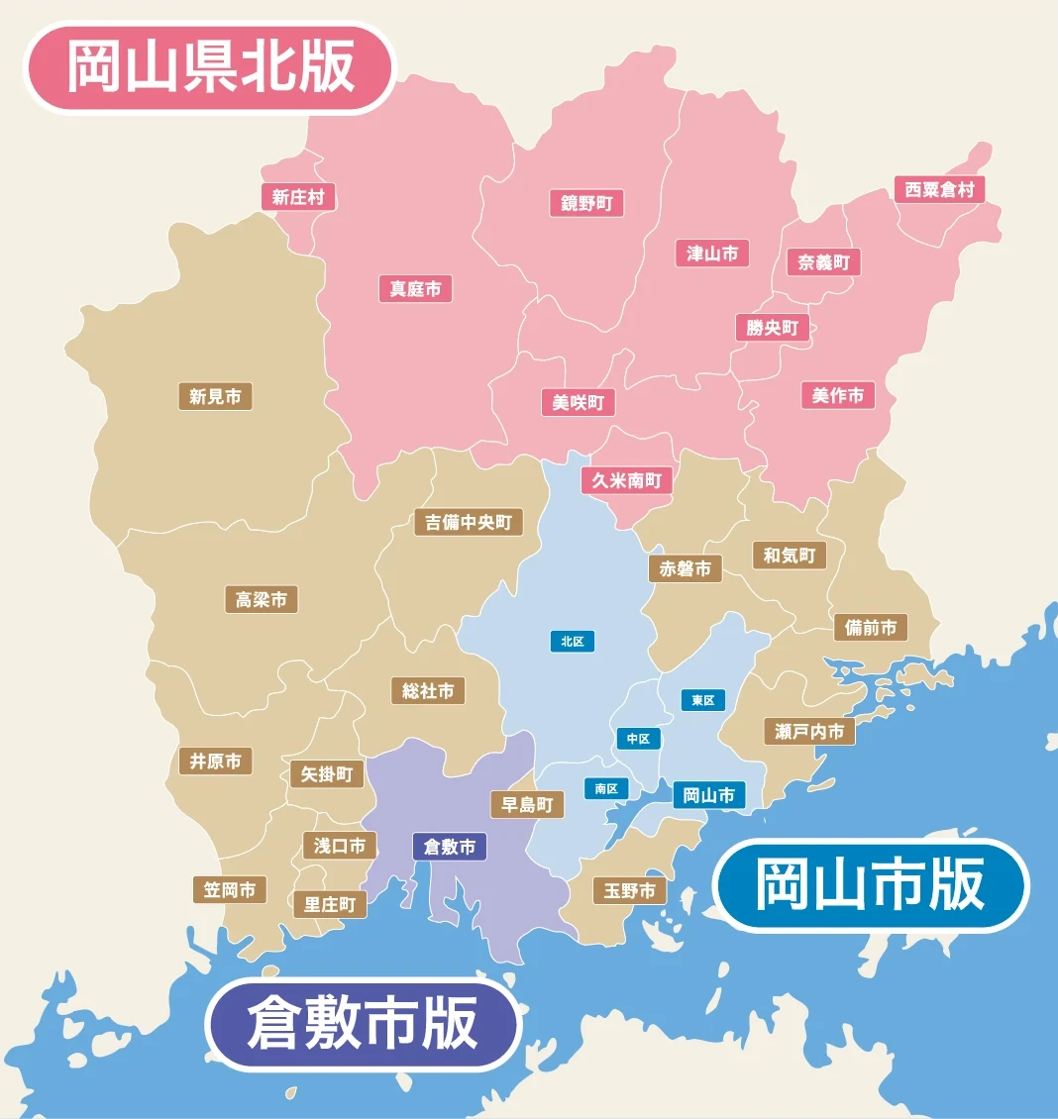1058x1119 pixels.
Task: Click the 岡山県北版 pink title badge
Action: (x=209, y=67)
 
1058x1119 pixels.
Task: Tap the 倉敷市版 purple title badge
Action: (x=363, y=1024)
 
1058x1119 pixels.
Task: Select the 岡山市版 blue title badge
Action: (x=871, y=885)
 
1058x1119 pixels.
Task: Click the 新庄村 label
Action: (x=298, y=197)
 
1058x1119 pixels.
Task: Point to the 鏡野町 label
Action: (x=586, y=203)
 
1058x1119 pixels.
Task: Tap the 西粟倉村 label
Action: (x=939, y=189)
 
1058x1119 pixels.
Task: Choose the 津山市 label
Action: (x=712, y=254)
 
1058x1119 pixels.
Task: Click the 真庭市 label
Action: (x=415, y=289)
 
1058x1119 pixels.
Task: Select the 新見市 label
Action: (x=215, y=397)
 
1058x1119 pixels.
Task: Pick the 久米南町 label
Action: (x=626, y=480)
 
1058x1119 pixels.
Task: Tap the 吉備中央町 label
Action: (x=468, y=522)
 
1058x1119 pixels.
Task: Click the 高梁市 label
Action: (x=261, y=599)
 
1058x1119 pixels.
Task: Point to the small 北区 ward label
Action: (x=573, y=642)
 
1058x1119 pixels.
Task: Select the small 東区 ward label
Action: (x=703, y=700)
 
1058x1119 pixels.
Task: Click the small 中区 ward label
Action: (x=638, y=739)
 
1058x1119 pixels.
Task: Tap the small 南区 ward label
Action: (x=606, y=788)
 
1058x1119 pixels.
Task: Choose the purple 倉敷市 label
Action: (x=450, y=847)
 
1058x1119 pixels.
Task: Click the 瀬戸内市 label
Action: (x=809, y=732)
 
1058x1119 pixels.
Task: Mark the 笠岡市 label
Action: (x=230, y=889)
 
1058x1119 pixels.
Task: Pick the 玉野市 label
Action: (x=629, y=891)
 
